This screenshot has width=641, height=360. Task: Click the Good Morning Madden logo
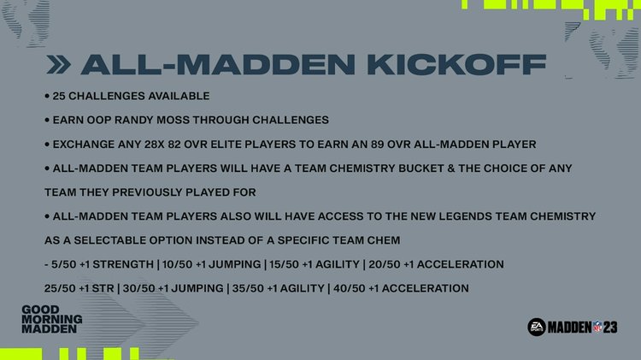tap(52, 318)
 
